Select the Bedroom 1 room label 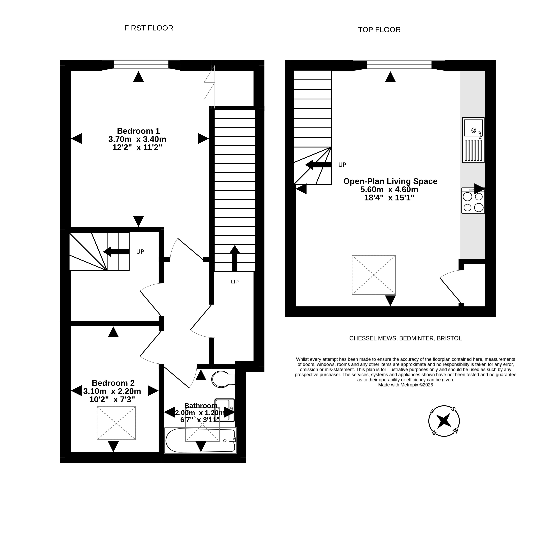(x=138, y=131)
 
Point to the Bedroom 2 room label (x=113, y=383)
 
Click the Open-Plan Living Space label (x=390, y=181)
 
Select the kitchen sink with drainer (x=473, y=140)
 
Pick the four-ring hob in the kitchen (x=473, y=200)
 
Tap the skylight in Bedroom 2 (x=116, y=423)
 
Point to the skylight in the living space (x=374, y=275)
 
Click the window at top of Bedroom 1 (x=141, y=64)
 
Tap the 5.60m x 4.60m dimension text (x=389, y=190)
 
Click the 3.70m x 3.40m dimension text (x=137, y=139)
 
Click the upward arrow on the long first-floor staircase (x=235, y=258)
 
